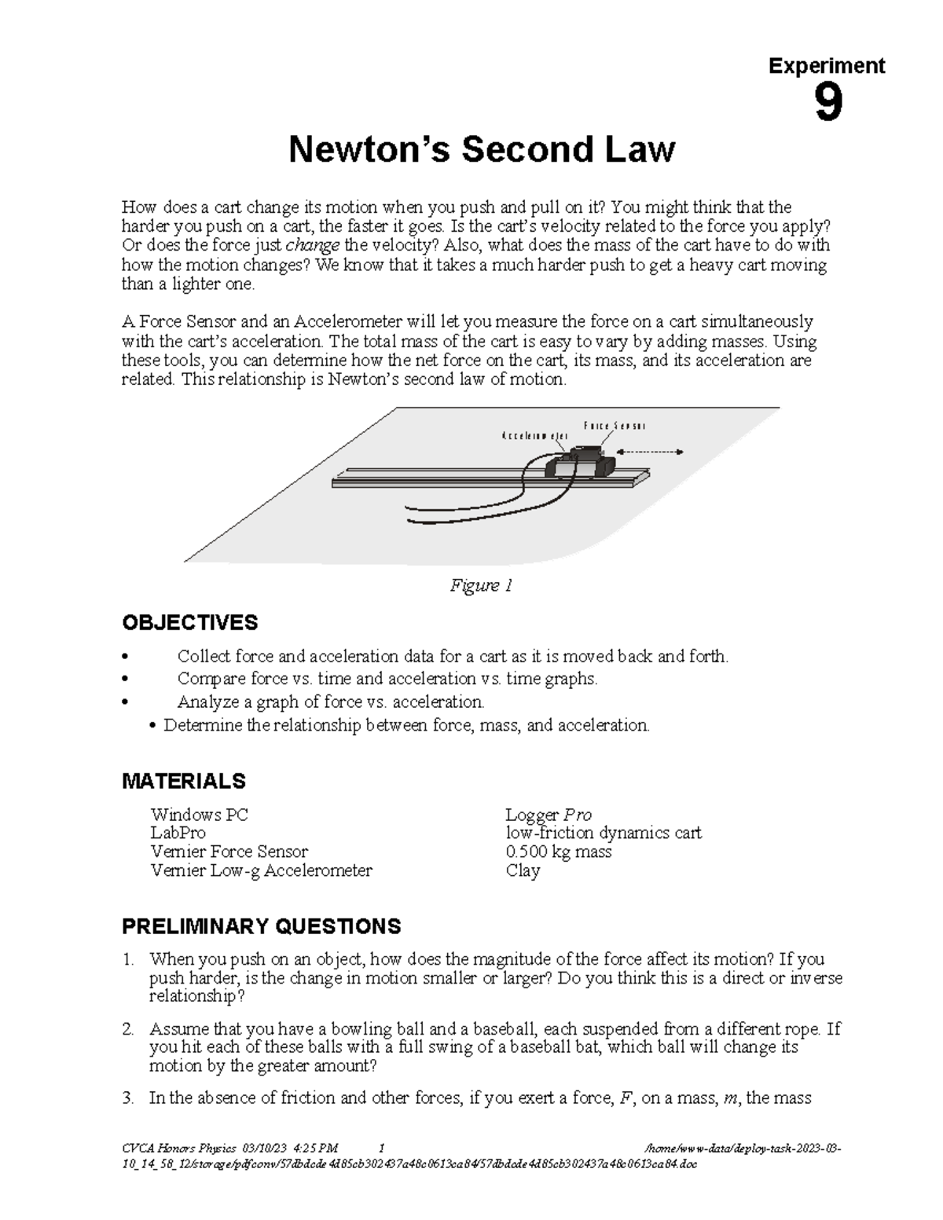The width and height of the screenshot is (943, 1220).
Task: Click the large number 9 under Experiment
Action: [x=828, y=104]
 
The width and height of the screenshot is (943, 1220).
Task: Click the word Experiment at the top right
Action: [x=826, y=66]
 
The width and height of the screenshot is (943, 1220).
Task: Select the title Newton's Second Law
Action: [x=481, y=149]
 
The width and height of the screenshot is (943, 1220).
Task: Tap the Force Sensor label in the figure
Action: [x=614, y=426]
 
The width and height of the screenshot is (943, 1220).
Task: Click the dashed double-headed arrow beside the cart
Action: [x=650, y=452]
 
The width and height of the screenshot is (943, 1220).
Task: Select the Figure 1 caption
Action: [x=481, y=585]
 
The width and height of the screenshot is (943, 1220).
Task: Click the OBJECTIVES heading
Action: [x=189, y=623]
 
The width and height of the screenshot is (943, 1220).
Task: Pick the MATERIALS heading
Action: [x=183, y=781]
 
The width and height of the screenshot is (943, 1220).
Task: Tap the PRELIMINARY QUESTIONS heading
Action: [x=261, y=926]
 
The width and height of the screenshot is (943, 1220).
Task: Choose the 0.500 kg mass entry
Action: [x=558, y=852]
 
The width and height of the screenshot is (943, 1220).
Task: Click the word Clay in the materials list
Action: [x=523, y=870]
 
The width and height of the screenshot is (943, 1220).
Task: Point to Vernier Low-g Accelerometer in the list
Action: [x=261, y=870]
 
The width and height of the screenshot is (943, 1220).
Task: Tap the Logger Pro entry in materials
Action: [x=549, y=815]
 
